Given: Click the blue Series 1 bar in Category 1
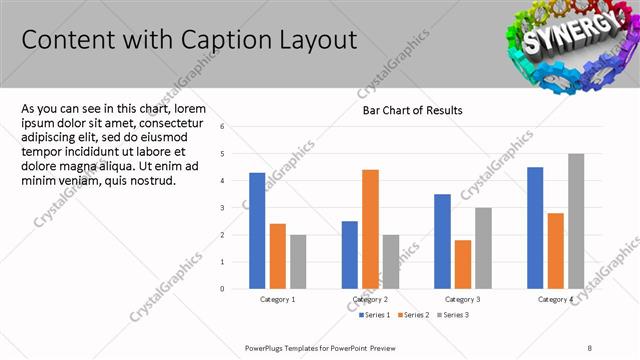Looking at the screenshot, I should pos(257,230).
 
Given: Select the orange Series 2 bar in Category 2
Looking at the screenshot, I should pos(370,229).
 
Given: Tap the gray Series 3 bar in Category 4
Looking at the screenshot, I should pos(576,221).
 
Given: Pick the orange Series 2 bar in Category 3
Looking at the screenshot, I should pos(462,264).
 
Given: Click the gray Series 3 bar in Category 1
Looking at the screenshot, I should pos(298,261).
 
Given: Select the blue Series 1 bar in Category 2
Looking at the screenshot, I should pos(349,254).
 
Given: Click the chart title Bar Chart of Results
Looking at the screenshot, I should pos(412,110).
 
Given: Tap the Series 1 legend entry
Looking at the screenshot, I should pos(376,315).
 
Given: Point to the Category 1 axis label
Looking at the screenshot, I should pos(277,299).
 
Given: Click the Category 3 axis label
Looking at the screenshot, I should pos(462,299).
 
